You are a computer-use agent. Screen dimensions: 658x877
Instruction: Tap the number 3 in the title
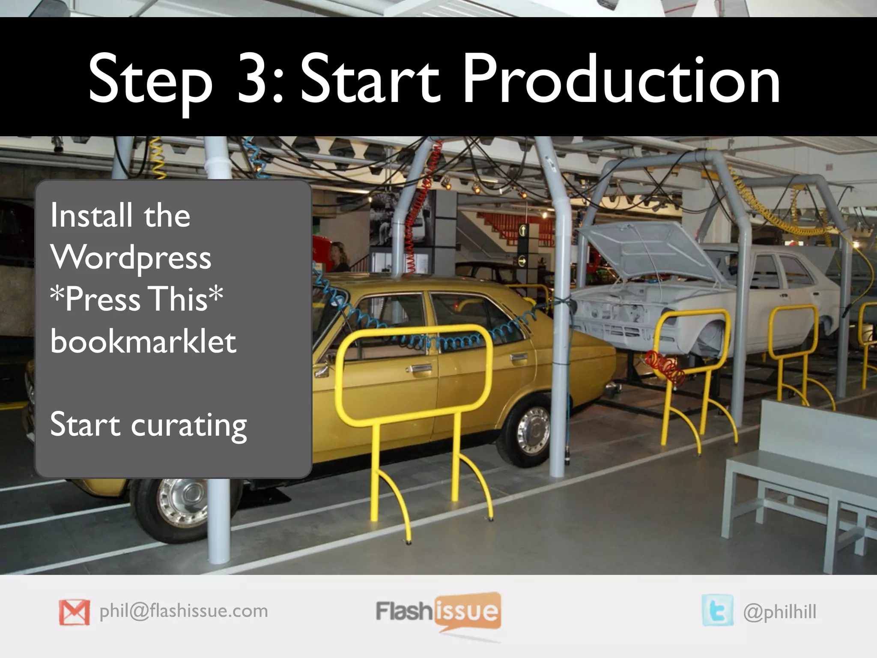[x=254, y=79]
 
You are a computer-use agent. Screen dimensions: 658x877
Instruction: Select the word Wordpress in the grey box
[x=131, y=258]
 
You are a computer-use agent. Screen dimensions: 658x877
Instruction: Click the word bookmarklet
[x=143, y=341]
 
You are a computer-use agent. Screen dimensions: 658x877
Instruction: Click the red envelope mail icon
[x=75, y=612]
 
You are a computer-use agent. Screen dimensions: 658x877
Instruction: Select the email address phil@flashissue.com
[x=184, y=611]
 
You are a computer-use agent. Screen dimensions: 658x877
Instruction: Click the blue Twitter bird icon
[x=717, y=610]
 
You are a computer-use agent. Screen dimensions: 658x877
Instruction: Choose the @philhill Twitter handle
[x=780, y=612]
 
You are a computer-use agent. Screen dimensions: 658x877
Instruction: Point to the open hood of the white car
[x=647, y=248]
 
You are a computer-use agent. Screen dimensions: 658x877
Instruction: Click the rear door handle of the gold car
[x=519, y=358]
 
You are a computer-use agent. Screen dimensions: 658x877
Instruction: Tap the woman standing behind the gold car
[x=338, y=257]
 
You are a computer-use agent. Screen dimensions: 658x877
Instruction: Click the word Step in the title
[x=150, y=81]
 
